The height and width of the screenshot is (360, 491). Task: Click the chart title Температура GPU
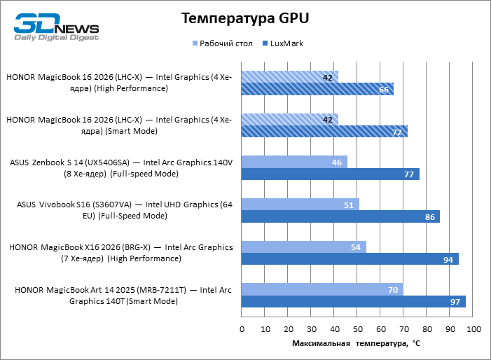point(245,18)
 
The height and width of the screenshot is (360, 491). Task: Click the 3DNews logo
point(56,27)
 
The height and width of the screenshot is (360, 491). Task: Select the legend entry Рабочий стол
point(223,43)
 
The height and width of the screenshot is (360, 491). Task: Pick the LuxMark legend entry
point(283,43)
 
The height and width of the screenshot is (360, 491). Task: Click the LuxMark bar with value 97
point(353,302)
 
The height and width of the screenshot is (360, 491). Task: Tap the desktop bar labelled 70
point(322,289)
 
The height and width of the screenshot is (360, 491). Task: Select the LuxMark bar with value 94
point(350,259)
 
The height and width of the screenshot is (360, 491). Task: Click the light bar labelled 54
point(304,247)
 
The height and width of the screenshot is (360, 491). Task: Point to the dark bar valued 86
point(340,216)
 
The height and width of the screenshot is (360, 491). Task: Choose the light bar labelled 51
point(300,205)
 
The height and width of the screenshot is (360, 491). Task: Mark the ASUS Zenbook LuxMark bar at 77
point(331,174)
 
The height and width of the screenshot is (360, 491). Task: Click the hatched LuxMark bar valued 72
point(324,132)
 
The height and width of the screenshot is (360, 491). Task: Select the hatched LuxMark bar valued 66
point(317,89)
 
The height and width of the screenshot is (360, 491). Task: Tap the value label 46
point(337,162)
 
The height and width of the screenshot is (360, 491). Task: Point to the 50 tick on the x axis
point(358,329)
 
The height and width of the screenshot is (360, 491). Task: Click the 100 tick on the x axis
point(473,329)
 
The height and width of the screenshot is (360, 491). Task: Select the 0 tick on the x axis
point(242,329)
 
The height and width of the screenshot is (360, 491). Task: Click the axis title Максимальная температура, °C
point(357,343)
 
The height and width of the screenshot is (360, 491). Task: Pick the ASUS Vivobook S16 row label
point(125,210)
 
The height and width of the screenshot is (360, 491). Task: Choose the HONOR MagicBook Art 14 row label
point(123,296)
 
